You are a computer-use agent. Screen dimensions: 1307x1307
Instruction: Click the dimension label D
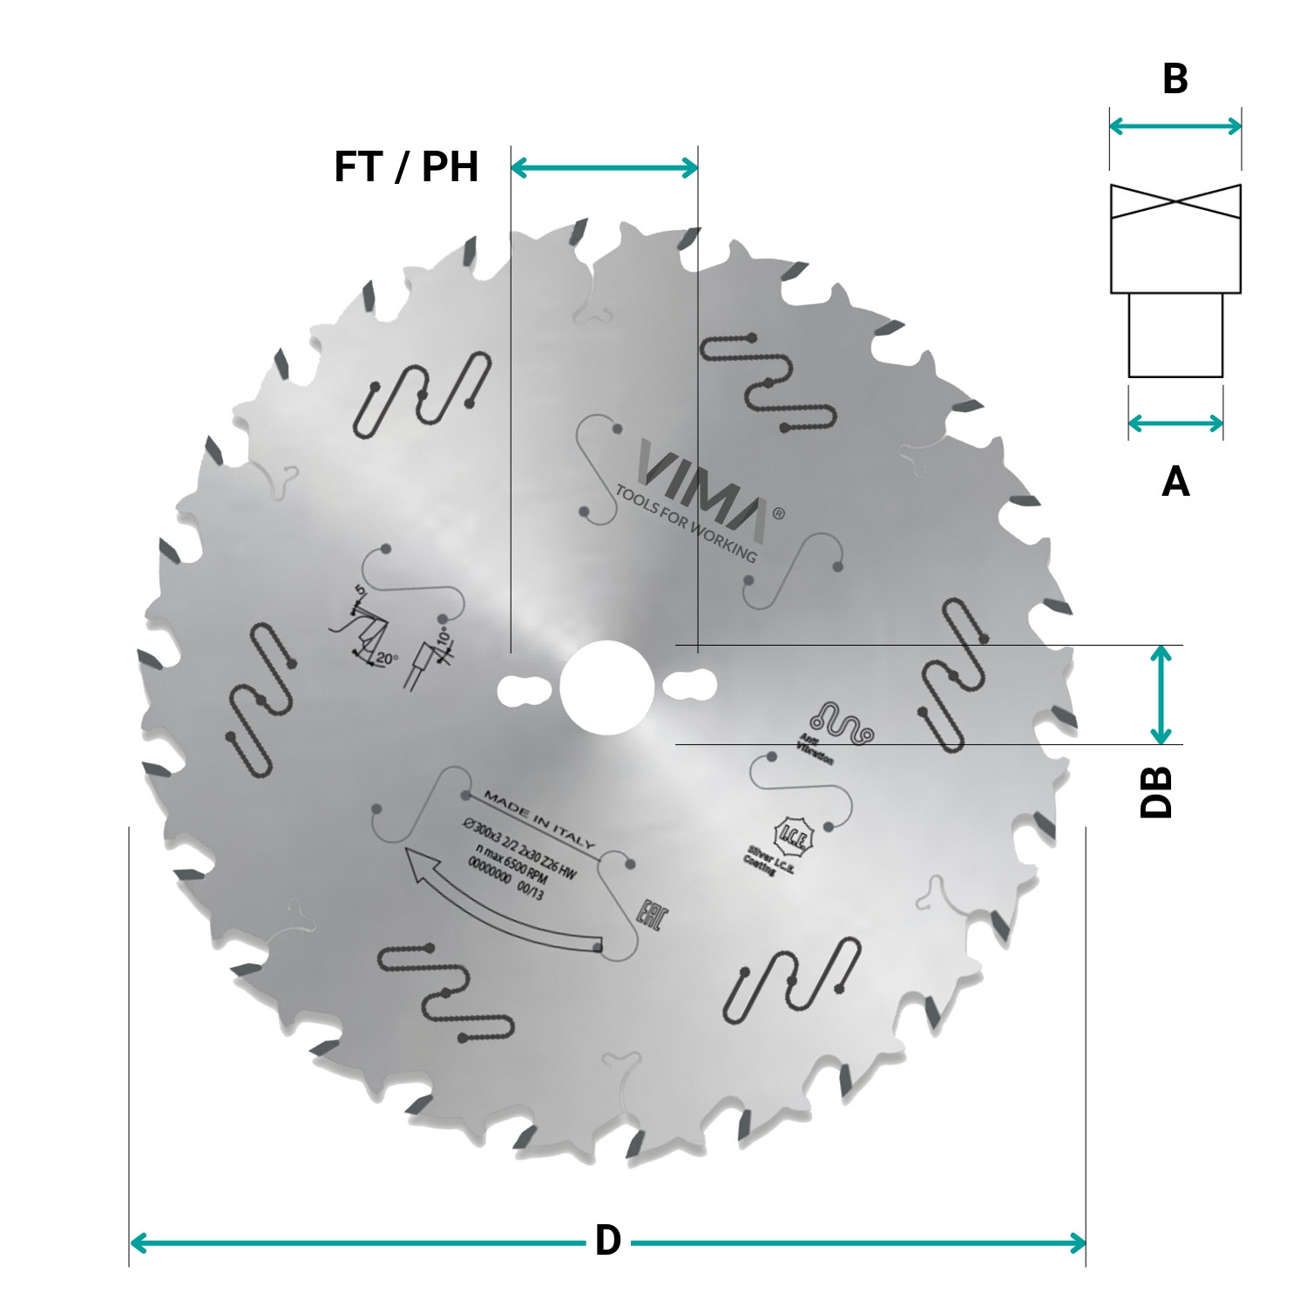[x=607, y=1241]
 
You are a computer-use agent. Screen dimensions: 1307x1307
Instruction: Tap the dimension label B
[x=1175, y=79]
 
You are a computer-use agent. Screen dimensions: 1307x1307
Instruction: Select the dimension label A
[x=1175, y=481]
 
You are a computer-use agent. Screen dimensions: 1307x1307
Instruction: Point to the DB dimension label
[x=1156, y=792]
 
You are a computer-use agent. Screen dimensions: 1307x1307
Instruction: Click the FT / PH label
[x=406, y=166]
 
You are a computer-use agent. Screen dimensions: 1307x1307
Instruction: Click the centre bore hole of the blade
[x=606, y=688]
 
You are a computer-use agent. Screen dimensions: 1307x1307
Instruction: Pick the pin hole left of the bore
[x=521, y=690]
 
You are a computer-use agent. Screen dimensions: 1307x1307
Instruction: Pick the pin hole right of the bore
[x=690, y=685]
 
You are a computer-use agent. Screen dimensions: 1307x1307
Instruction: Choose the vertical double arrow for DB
[x=1160, y=694]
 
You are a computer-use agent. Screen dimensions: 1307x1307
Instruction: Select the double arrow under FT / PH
[x=604, y=167]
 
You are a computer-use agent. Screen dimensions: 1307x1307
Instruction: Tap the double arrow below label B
[x=1175, y=126]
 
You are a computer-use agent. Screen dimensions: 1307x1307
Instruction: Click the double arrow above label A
[x=1175, y=424]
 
